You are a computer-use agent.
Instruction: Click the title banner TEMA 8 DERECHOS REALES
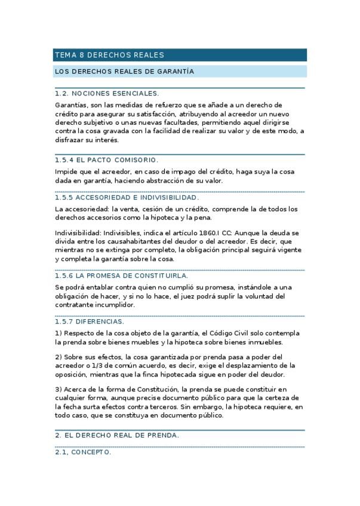tap(109, 55)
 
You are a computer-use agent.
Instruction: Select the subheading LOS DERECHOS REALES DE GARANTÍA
tap(124, 72)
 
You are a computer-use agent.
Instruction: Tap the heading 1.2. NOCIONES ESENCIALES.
tap(106, 94)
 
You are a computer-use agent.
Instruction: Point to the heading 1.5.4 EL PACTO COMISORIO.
tap(106, 160)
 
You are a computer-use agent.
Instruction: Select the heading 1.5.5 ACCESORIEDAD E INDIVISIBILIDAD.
tap(127, 198)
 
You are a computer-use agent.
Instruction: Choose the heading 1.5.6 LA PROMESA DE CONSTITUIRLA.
tap(121, 276)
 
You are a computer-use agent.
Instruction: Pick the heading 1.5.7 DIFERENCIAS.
tap(89, 322)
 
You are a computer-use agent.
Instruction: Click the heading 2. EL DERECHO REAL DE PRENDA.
tap(116, 436)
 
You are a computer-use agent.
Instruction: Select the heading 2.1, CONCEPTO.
tap(82, 452)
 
